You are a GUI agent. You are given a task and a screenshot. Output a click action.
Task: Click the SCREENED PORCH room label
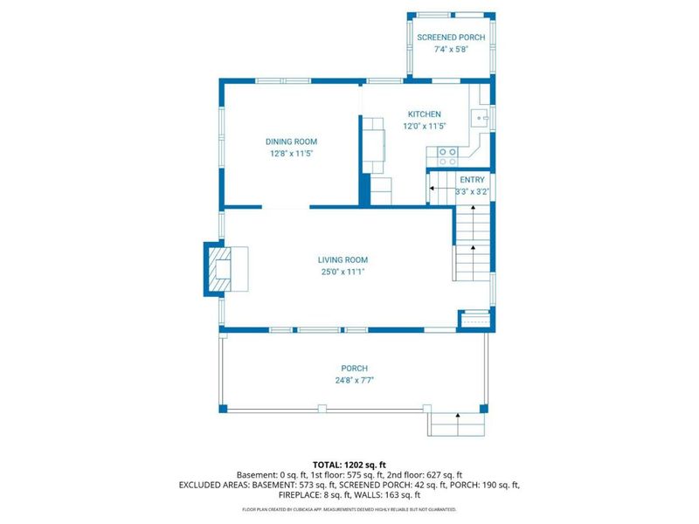[451, 38]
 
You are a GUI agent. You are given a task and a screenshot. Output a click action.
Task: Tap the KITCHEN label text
[425, 114]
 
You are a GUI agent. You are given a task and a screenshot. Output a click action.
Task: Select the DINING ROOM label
[292, 141]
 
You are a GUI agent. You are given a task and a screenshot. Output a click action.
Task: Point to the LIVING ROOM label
[343, 259]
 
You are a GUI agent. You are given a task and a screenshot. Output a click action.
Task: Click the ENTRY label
[472, 180]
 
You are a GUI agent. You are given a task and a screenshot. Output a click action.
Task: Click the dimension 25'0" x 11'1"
[343, 272]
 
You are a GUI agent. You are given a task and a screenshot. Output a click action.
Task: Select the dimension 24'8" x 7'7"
[355, 381]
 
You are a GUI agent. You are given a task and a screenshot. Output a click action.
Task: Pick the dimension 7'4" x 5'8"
[451, 50]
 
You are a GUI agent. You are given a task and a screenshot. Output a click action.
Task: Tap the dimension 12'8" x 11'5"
[292, 154]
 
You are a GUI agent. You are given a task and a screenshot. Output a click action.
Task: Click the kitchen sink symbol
[480, 119]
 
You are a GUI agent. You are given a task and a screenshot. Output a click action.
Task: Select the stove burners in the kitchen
[447, 156]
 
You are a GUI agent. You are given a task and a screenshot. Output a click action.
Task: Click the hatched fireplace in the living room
[221, 269]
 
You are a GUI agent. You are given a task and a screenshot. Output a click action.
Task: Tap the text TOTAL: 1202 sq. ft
[349, 465]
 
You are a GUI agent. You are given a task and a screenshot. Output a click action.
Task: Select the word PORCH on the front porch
[355, 369]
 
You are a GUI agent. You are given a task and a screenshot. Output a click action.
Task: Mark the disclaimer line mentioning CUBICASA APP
[349, 509]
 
